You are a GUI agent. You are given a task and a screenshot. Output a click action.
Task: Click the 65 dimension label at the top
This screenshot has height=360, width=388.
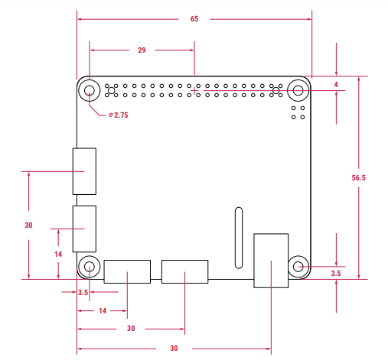click(x=194, y=19)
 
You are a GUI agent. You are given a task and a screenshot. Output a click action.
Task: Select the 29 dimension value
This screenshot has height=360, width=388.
click(x=142, y=50)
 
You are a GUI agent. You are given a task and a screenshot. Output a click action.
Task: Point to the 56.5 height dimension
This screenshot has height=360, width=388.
click(x=358, y=177)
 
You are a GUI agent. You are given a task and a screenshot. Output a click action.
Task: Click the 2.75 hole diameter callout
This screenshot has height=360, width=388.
click(x=117, y=115)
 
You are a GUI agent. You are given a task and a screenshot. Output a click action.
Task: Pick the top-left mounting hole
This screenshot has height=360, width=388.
click(x=90, y=92)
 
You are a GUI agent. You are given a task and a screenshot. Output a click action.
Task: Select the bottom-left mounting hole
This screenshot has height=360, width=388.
click(x=90, y=267)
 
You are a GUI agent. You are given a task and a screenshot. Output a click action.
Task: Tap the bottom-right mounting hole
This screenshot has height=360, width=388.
click(x=298, y=267)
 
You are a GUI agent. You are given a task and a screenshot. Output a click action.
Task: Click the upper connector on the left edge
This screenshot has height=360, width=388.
click(x=84, y=170)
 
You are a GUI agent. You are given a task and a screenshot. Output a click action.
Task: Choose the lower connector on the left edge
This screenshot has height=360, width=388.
click(x=84, y=229)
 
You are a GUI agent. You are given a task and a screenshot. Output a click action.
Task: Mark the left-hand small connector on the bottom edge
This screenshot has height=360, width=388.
click(x=127, y=271)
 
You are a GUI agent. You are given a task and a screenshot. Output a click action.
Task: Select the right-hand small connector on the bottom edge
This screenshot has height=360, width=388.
click(x=184, y=271)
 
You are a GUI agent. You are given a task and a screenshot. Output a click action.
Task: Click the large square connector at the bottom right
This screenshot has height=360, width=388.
click(x=271, y=261)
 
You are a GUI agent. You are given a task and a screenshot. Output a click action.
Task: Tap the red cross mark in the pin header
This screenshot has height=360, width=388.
click(x=194, y=91)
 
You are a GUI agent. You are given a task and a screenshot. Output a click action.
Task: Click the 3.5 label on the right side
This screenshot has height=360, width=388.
click(x=336, y=273)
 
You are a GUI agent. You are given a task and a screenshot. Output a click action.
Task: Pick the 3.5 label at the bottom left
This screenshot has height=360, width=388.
click(x=83, y=292)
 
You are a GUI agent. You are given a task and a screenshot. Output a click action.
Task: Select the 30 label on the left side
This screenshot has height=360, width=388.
click(x=28, y=225)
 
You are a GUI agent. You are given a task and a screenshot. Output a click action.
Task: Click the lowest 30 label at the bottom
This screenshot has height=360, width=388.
click(x=174, y=349)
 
